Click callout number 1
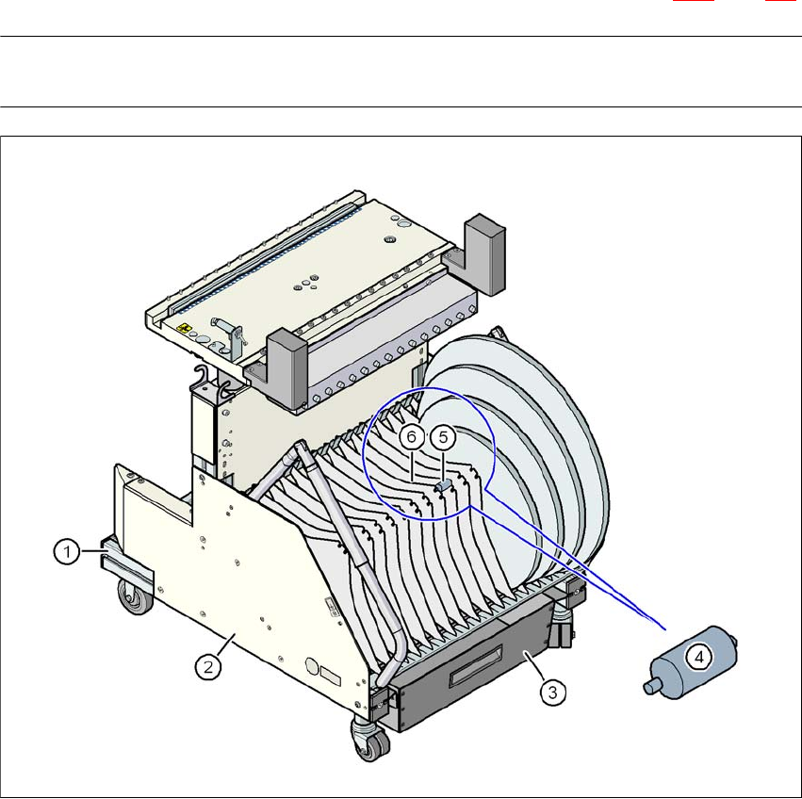coord(67,551)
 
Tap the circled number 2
coord(208,667)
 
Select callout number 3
coord(553,693)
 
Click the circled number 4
coord(699,657)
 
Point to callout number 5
coord(443,437)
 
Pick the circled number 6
coord(411,437)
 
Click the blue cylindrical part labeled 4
coord(690,662)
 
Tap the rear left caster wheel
coord(136,596)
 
